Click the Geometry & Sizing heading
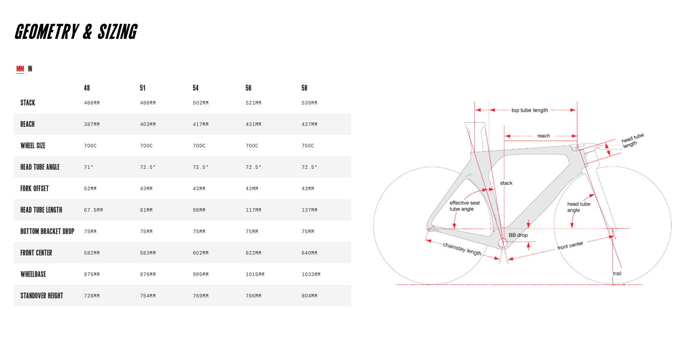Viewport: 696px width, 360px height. point(76,32)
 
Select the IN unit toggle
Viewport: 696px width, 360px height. point(30,69)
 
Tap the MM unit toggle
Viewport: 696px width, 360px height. point(20,69)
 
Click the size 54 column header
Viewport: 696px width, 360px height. point(196,88)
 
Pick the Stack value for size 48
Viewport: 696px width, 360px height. point(92,103)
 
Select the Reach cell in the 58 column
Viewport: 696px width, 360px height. point(309,125)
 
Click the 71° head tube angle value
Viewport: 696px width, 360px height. point(88,167)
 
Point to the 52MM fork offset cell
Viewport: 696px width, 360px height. point(90,189)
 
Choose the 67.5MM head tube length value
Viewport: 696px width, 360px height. point(93,210)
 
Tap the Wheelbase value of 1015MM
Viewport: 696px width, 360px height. point(255,275)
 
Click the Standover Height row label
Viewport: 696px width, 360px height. point(42,296)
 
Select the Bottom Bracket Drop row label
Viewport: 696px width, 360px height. point(47,231)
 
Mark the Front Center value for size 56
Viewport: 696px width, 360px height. point(253,253)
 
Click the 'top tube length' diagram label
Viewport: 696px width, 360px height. point(529,110)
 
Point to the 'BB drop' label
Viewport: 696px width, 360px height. point(518,235)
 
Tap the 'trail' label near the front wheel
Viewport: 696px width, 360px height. point(617,273)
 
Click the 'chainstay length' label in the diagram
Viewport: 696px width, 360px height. point(462,249)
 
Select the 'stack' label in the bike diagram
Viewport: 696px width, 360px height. point(506,183)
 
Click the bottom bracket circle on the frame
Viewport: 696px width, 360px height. point(503,243)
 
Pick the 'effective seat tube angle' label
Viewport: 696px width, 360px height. point(464,206)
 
